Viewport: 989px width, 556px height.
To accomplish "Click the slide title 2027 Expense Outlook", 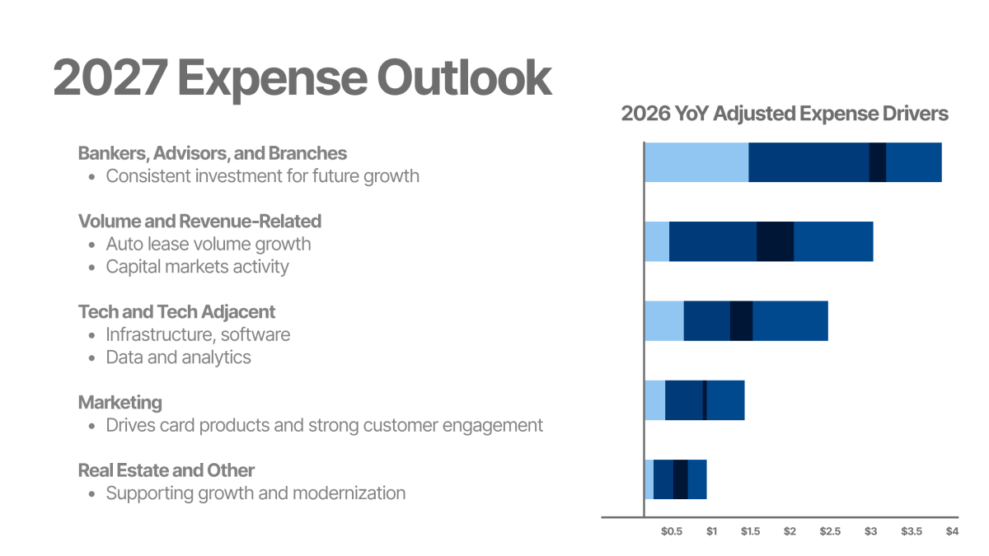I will [302, 77].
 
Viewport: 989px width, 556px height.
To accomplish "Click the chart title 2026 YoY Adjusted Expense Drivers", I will [785, 114].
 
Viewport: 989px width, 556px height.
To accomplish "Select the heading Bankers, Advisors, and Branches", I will [212, 153].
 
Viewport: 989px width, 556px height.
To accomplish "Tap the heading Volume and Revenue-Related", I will [199, 221].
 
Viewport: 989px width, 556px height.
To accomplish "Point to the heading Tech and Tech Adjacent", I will [176, 312].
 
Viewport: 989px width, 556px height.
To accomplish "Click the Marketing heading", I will [120, 403].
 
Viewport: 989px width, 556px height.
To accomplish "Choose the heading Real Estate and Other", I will [166, 470].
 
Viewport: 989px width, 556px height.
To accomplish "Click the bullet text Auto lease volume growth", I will [209, 244].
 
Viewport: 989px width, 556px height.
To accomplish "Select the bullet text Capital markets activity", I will [197, 267].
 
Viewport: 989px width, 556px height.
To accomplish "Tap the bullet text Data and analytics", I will [178, 357].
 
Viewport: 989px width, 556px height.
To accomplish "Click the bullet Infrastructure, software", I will [198, 334].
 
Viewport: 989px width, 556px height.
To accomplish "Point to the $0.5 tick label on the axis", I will [672, 531].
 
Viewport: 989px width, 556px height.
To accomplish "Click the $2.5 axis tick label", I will [830, 531].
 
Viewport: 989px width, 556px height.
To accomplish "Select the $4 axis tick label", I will [952, 531].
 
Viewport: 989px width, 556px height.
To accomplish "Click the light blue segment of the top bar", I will [696, 162].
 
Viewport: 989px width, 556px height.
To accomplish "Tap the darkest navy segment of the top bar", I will [878, 162].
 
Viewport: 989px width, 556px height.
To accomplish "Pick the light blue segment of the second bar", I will [657, 241].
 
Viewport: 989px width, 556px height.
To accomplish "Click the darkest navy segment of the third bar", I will [741, 320].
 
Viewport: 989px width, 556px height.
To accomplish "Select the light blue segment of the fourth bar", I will [654, 400].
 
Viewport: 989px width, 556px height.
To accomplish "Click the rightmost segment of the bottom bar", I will [697, 479].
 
